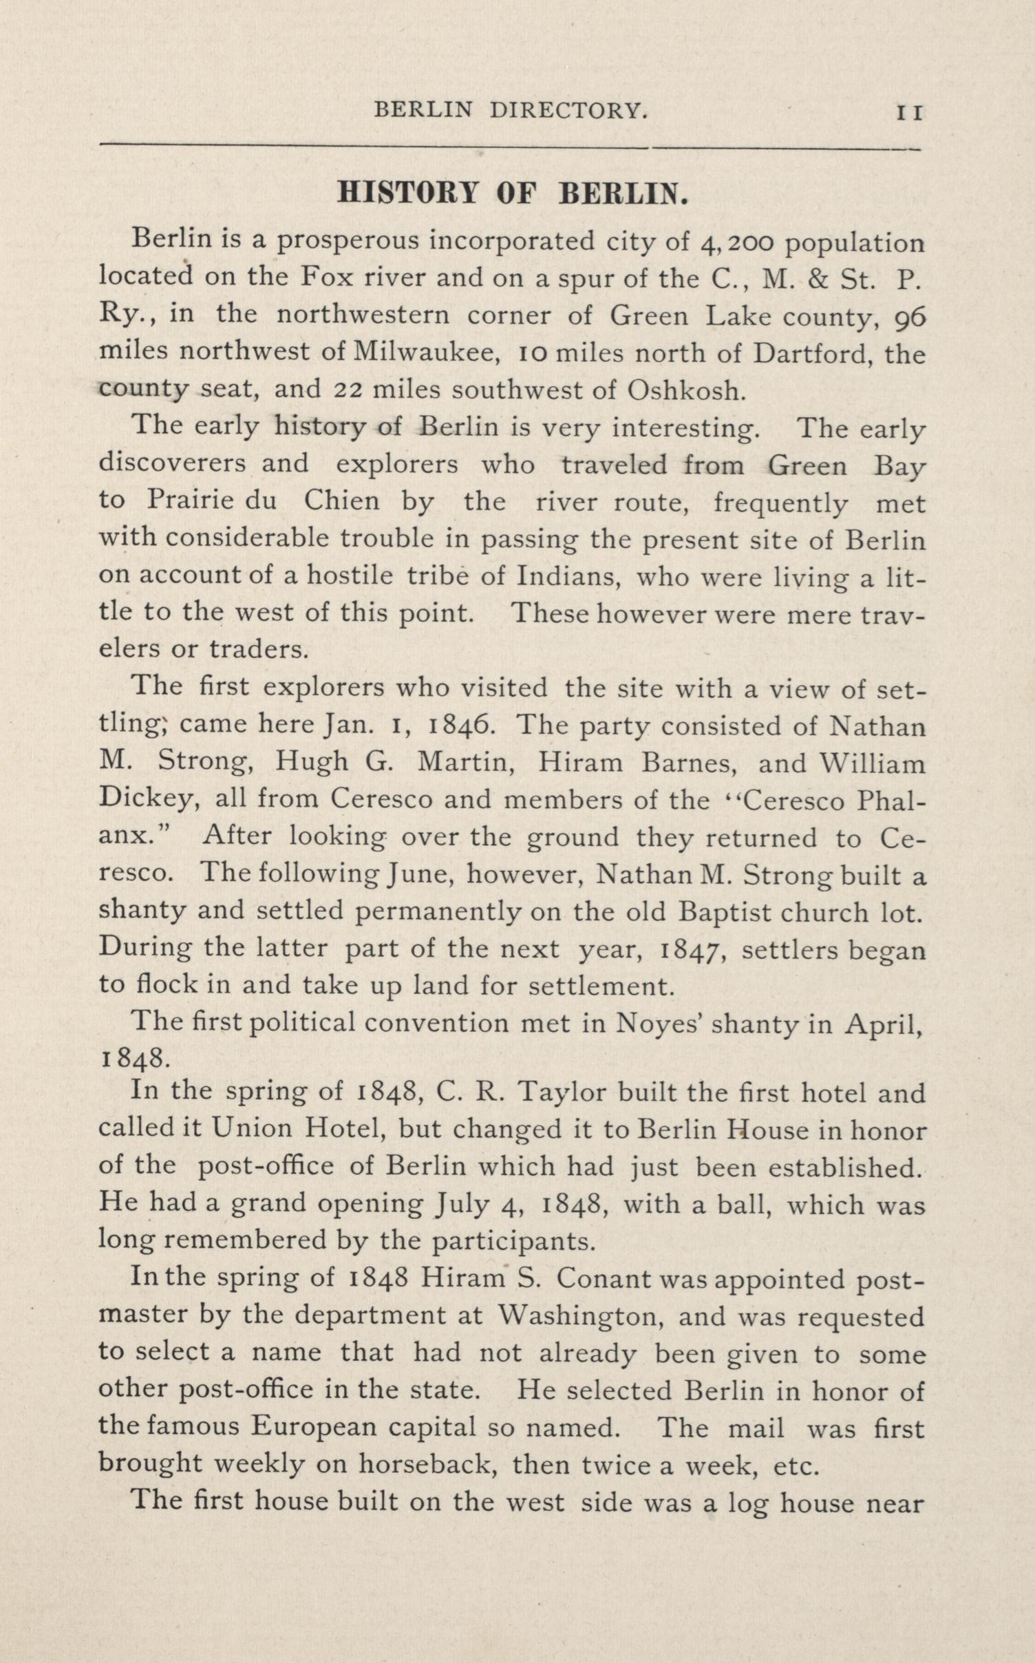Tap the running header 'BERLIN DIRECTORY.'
(x=511, y=110)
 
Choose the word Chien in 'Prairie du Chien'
(x=341, y=500)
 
